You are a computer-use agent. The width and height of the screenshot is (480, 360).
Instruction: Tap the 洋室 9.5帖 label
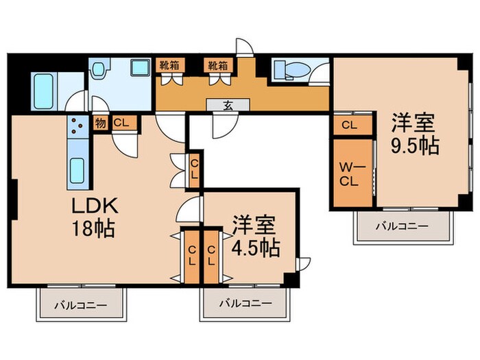tap(414, 135)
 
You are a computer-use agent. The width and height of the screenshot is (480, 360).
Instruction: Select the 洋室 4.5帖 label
tap(254, 237)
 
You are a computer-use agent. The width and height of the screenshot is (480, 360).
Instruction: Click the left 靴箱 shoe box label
tap(170, 65)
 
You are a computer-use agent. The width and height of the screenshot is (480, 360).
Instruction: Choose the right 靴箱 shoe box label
tap(218, 65)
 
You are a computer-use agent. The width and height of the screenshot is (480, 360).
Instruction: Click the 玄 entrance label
tap(226, 105)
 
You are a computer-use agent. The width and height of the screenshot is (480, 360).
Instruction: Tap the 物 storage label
tap(101, 123)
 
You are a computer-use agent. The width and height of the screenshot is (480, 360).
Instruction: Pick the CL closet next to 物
tap(121, 123)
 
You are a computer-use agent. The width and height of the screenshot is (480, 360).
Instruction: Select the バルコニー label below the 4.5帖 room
tap(245, 303)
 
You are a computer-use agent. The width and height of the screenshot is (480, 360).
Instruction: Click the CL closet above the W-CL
tap(349, 125)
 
